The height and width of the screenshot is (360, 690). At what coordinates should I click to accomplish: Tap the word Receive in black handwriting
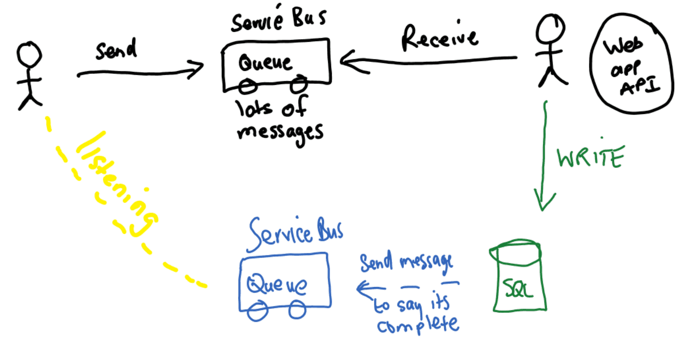pyautogui.click(x=439, y=37)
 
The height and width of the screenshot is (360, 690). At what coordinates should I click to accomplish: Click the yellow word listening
pyautogui.click(x=116, y=185)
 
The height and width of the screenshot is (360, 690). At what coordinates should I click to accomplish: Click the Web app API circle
pyautogui.click(x=632, y=64)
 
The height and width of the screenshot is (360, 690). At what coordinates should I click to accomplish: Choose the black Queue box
pyautogui.click(x=276, y=64)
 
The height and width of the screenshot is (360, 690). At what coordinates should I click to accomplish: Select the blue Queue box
pyautogui.click(x=284, y=281)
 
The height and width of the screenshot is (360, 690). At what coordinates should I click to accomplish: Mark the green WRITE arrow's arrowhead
pyautogui.click(x=544, y=202)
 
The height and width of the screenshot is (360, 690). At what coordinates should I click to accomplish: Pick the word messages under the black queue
pyautogui.click(x=280, y=132)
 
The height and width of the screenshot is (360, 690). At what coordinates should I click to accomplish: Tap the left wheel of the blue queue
pyautogui.click(x=257, y=311)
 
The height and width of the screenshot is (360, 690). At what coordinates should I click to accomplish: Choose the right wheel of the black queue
pyautogui.click(x=299, y=84)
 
